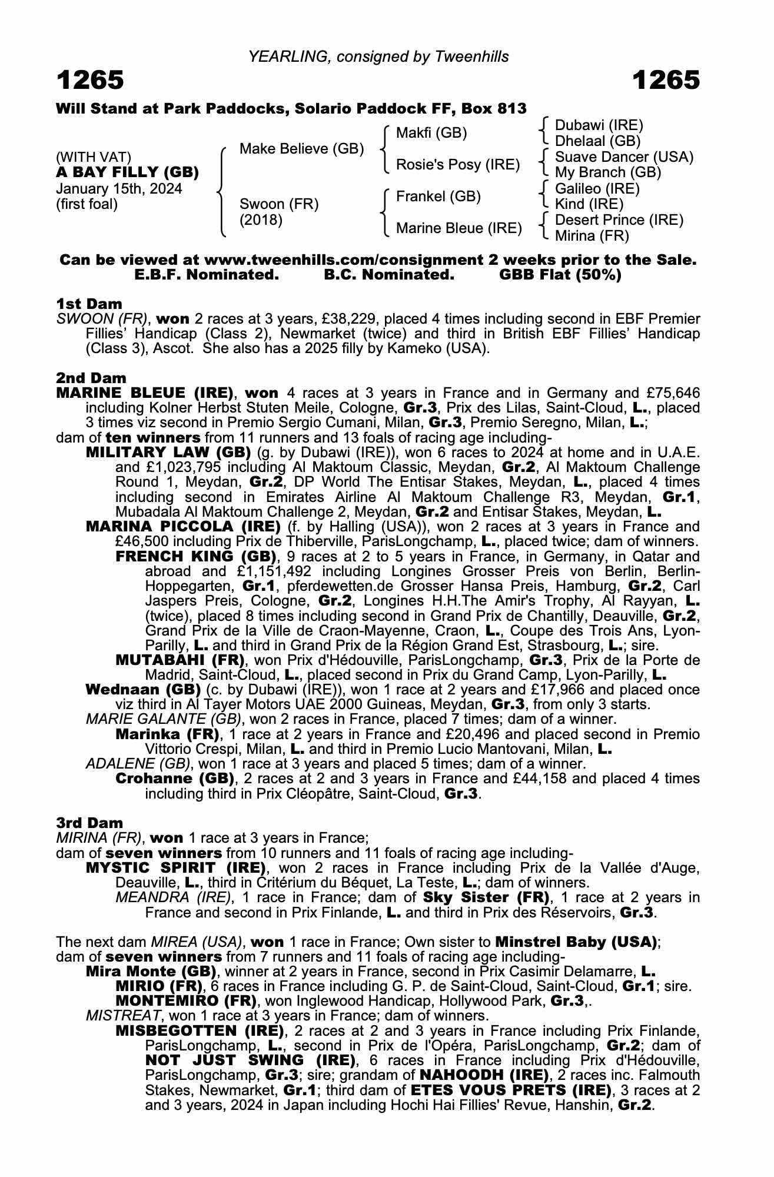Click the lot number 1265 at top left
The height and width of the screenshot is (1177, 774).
tap(90, 80)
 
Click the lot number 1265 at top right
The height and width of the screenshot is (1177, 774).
tap(666, 80)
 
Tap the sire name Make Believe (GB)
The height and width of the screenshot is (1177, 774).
tap(301, 149)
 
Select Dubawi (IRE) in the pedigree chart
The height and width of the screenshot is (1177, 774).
tap(599, 125)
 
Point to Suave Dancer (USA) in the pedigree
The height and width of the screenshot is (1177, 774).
tap(624, 157)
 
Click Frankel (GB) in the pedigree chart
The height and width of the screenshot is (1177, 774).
tap(439, 197)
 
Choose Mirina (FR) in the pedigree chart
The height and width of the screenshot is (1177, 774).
tap(592, 236)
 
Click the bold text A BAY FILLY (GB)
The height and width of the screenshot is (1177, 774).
tap(127, 172)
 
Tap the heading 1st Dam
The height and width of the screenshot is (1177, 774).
tap(89, 304)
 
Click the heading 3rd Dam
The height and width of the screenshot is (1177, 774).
tap(89, 823)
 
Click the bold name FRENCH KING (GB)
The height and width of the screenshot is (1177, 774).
tap(196, 556)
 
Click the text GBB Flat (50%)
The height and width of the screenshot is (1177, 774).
tap(560, 275)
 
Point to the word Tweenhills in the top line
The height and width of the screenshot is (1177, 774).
tap(472, 56)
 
